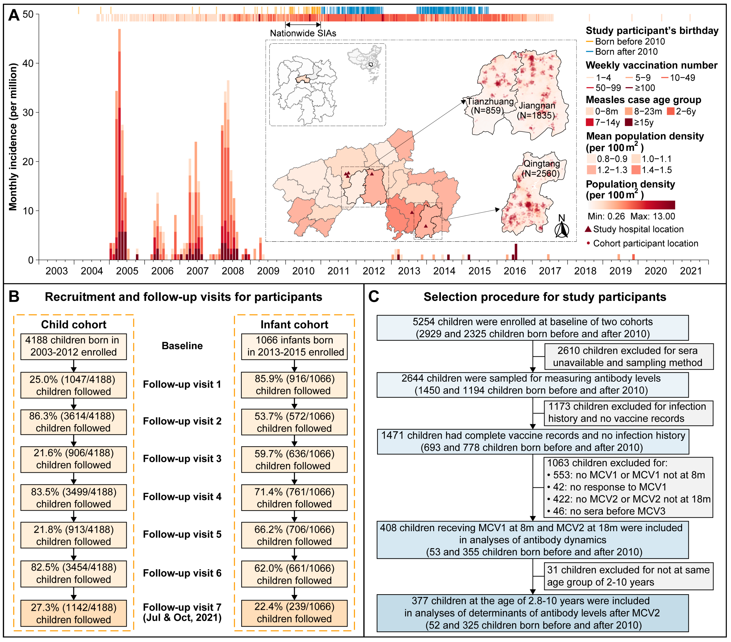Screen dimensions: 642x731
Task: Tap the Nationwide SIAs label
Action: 303,33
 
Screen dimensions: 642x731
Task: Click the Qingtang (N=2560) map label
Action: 541,169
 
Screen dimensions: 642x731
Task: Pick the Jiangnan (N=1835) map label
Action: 537,110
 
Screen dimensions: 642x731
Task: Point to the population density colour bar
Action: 631,205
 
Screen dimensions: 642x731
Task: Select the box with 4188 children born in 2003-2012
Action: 74,346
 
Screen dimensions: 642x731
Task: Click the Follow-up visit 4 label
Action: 182,497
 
